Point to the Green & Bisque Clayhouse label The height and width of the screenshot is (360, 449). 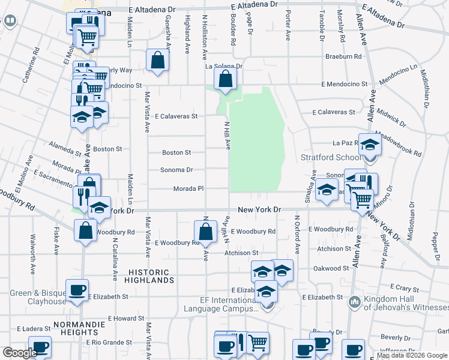38,298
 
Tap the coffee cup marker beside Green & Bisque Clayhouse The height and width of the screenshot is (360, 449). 77,290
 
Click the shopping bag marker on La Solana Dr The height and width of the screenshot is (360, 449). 225,79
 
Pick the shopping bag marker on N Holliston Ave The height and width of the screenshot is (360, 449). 206,232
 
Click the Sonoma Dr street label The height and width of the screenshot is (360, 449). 176,170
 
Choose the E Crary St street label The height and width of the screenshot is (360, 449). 408,288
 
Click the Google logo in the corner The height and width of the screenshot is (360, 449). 20,353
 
